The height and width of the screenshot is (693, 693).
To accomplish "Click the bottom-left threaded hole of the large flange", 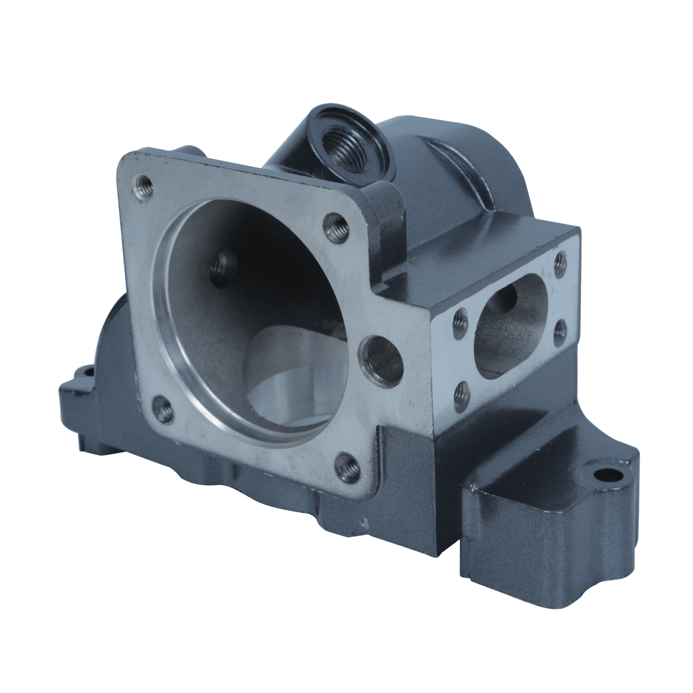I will click(162, 407).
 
